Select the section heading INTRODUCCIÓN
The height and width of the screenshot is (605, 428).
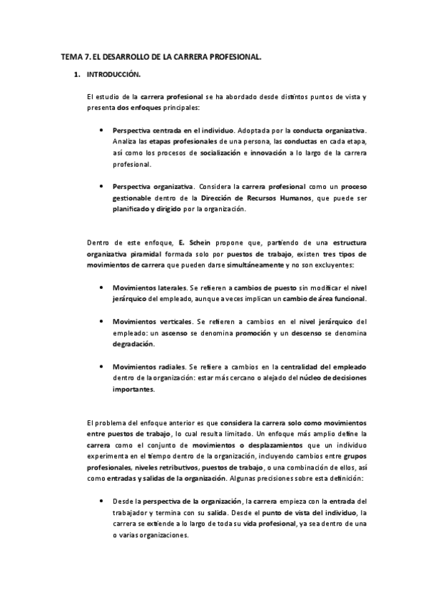point(113,74)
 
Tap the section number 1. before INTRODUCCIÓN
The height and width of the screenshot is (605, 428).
point(76,74)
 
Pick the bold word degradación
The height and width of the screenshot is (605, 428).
point(133,344)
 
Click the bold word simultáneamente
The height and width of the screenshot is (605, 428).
point(220,266)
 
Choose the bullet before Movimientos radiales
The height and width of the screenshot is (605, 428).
point(103,367)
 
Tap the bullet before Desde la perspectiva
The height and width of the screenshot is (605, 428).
point(103,500)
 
